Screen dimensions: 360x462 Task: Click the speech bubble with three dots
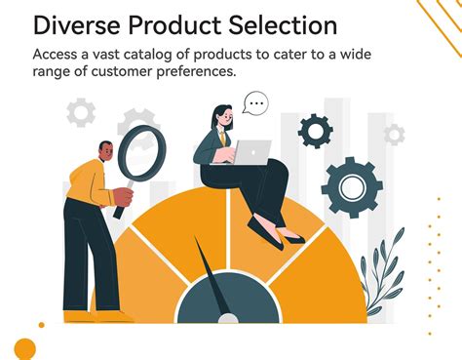[255, 101]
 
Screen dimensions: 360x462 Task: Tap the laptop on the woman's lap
[252, 152]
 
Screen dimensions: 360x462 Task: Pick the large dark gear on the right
[352, 185]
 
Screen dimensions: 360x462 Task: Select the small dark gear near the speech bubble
[315, 129]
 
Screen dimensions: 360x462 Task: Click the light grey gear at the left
[81, 112]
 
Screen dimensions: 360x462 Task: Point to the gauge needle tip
[197, 241]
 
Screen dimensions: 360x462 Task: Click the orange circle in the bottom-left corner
[24, 348]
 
